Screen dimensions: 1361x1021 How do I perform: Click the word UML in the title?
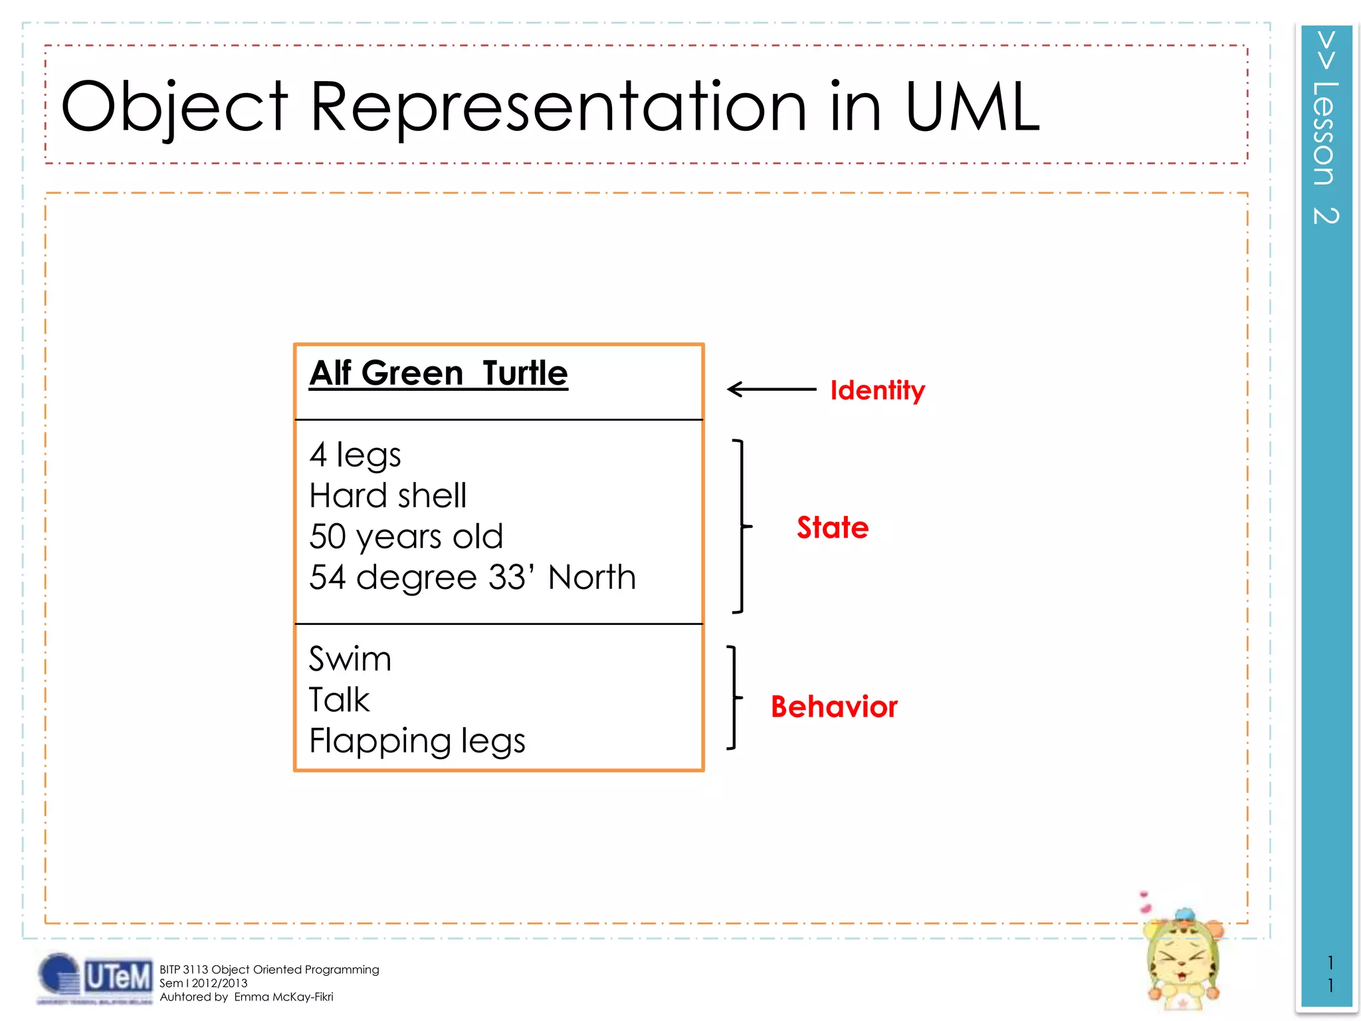[x=972, y=106]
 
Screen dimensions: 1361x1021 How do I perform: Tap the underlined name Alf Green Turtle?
[x=439, y=373]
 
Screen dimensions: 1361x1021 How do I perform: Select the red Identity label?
[x=877, y=390]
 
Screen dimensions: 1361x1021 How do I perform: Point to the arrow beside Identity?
[x=771, y=389]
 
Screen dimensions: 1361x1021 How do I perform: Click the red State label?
[x=833, y=527]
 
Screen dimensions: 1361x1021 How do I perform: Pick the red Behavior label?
[x=834, y=706]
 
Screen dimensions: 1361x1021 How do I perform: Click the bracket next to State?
[x=740, y=526]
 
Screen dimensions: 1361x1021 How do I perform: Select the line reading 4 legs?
[x=355, y=455]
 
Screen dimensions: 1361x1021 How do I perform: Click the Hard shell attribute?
[x=388, y=496]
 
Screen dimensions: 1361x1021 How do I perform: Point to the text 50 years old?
[x=406, y=536]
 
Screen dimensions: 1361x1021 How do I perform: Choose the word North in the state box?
[x=592, y=577]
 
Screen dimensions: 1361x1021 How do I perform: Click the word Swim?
[x=350, y=659]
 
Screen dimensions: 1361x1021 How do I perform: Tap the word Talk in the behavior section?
[x=339, y=700]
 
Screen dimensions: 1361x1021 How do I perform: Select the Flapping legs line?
[x=417, y=741]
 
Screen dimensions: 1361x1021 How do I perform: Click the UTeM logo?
[x=94, y=978]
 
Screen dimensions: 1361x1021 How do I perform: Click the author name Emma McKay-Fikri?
[x=284, y=997]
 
